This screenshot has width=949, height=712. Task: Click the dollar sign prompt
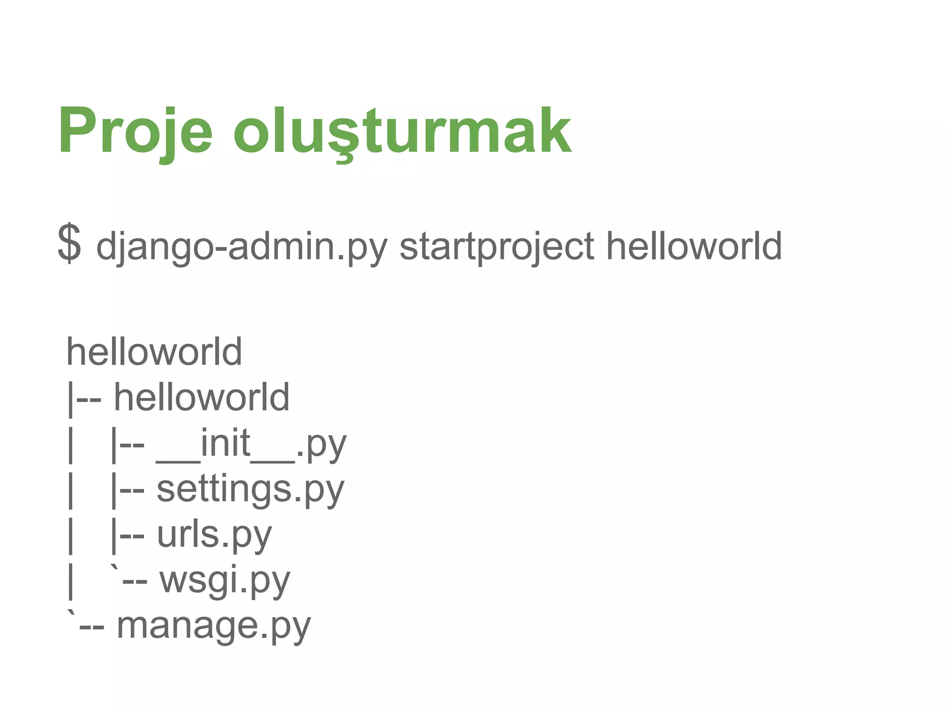click(x=69, y=243)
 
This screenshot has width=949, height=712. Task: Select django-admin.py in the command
click(x=241, y=247)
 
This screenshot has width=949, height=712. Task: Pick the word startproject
click(x=496, y=247)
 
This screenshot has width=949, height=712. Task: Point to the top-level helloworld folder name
click(x=154, y=352)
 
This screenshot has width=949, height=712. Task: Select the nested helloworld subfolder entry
click(x=202, y=397)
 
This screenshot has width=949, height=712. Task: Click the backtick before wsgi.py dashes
click(x=114, y=569)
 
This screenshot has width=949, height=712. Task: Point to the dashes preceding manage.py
click(x=91, y=629)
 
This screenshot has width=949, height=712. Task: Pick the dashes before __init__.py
click(x=132, y=446)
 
